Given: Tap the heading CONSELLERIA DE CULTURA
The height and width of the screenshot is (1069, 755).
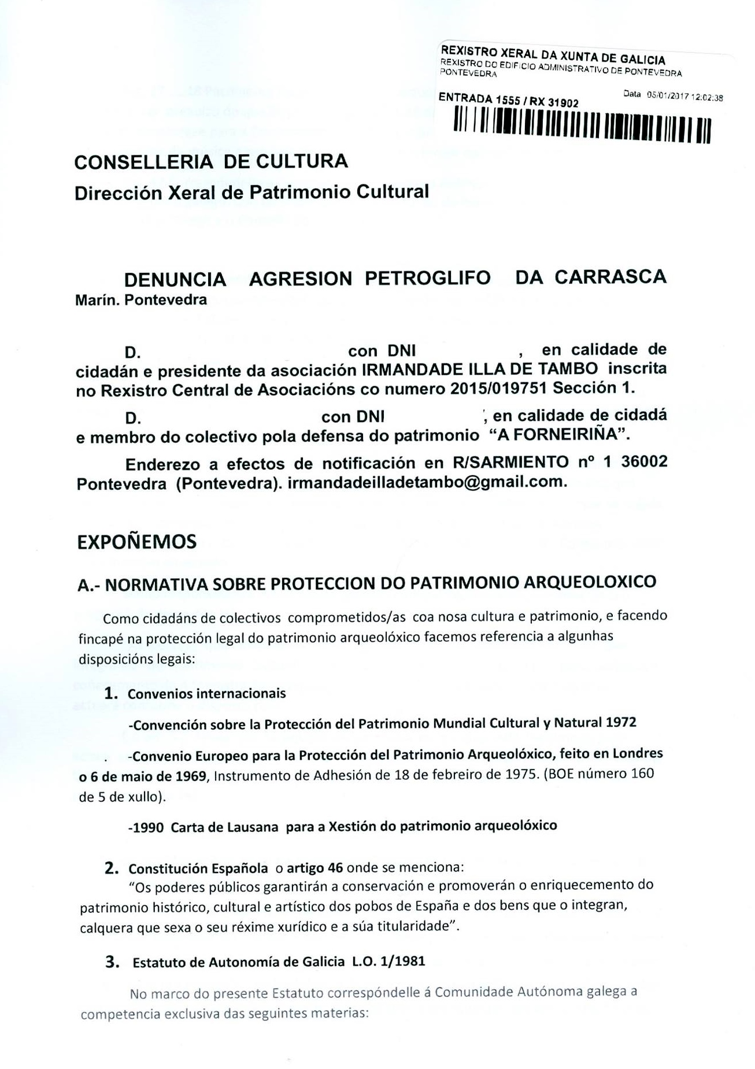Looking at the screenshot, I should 212,161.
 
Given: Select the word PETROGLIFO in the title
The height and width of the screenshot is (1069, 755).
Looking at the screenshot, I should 427,278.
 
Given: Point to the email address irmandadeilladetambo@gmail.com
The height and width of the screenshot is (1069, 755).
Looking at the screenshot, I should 424,482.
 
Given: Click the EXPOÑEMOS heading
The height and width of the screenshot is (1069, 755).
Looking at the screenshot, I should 137,542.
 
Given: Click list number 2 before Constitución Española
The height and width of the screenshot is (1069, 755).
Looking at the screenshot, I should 112,868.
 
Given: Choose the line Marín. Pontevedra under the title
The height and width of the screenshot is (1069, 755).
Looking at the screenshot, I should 141,300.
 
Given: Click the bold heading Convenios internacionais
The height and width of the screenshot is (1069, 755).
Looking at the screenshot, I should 206,693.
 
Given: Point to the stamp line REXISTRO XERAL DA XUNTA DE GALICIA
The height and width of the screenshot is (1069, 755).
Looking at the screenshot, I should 552,54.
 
